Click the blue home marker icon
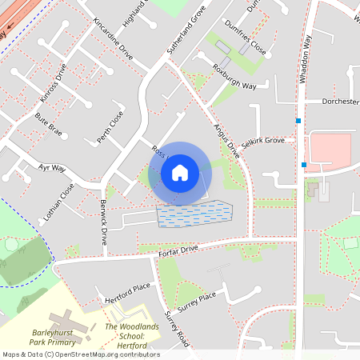pos(180,172)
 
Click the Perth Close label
pos(110,128)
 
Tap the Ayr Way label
pos(52,168)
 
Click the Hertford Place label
pos(127,293)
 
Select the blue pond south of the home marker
pos(194,214)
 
